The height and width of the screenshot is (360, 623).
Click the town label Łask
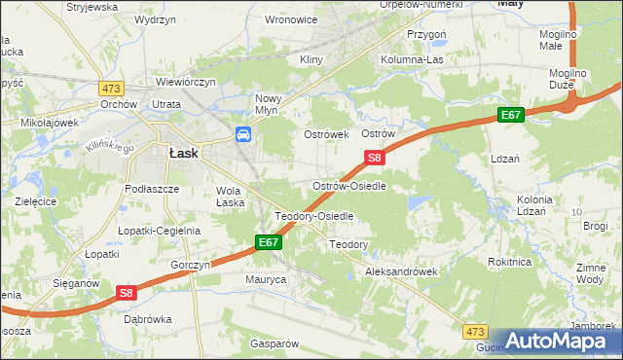click(x=184, y=153)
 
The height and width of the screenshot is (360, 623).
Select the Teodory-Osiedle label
click(x=313, y=216)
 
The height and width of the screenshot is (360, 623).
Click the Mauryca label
click(x=265, y=279)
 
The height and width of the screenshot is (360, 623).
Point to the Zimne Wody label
click(x=590, y=273)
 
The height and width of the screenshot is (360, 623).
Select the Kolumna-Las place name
click(x=439, y=60)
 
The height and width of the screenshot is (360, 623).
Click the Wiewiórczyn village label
click(x=184, y=82)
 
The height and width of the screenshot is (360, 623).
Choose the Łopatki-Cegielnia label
click(x=159, y=231)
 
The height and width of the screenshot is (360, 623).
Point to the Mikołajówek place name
click(x=50, y=123)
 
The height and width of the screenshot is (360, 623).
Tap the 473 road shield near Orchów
click(x=109, y=87)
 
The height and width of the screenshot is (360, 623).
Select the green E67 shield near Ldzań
click(x=511, y=115)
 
